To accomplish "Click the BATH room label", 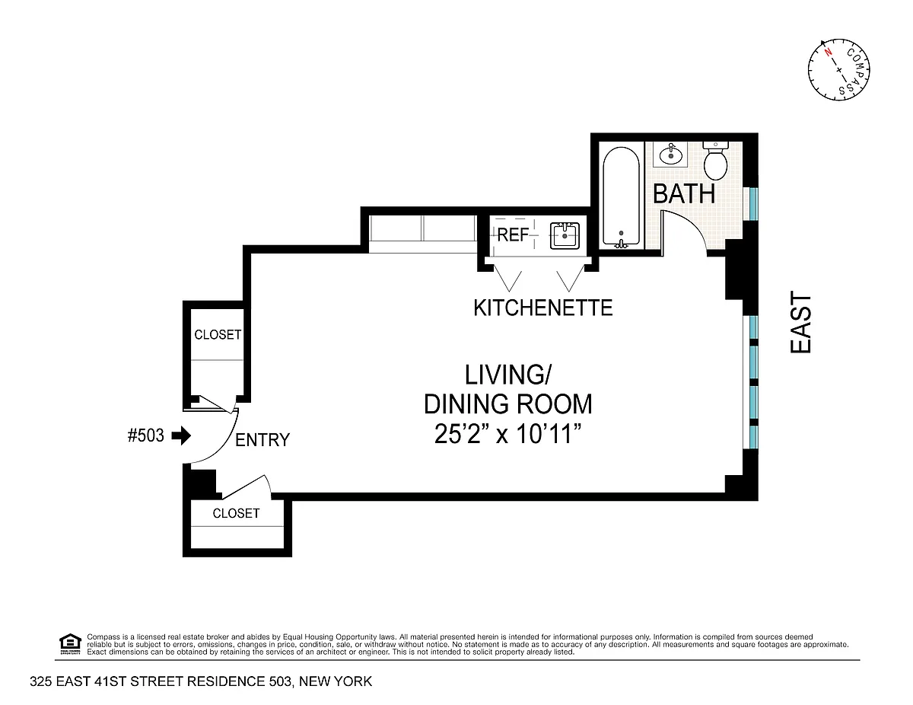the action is point(683,194).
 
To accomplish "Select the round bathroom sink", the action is point(670,155).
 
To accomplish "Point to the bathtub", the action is point(621,196).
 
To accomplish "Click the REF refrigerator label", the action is point(513,235).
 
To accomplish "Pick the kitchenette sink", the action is point(565,236).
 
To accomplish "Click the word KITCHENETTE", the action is point(542,308).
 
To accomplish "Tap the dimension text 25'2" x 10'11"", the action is point(507,434).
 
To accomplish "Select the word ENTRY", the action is point(262,440).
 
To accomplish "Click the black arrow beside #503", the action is point(182,435).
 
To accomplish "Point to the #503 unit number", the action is point(146,435).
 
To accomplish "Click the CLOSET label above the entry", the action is point(218,335).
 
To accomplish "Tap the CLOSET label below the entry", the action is point(236,513).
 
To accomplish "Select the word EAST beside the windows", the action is point(800,323).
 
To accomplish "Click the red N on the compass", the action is point(828,64).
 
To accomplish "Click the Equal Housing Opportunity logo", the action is point(70,644).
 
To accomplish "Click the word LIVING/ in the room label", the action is point(507,375).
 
